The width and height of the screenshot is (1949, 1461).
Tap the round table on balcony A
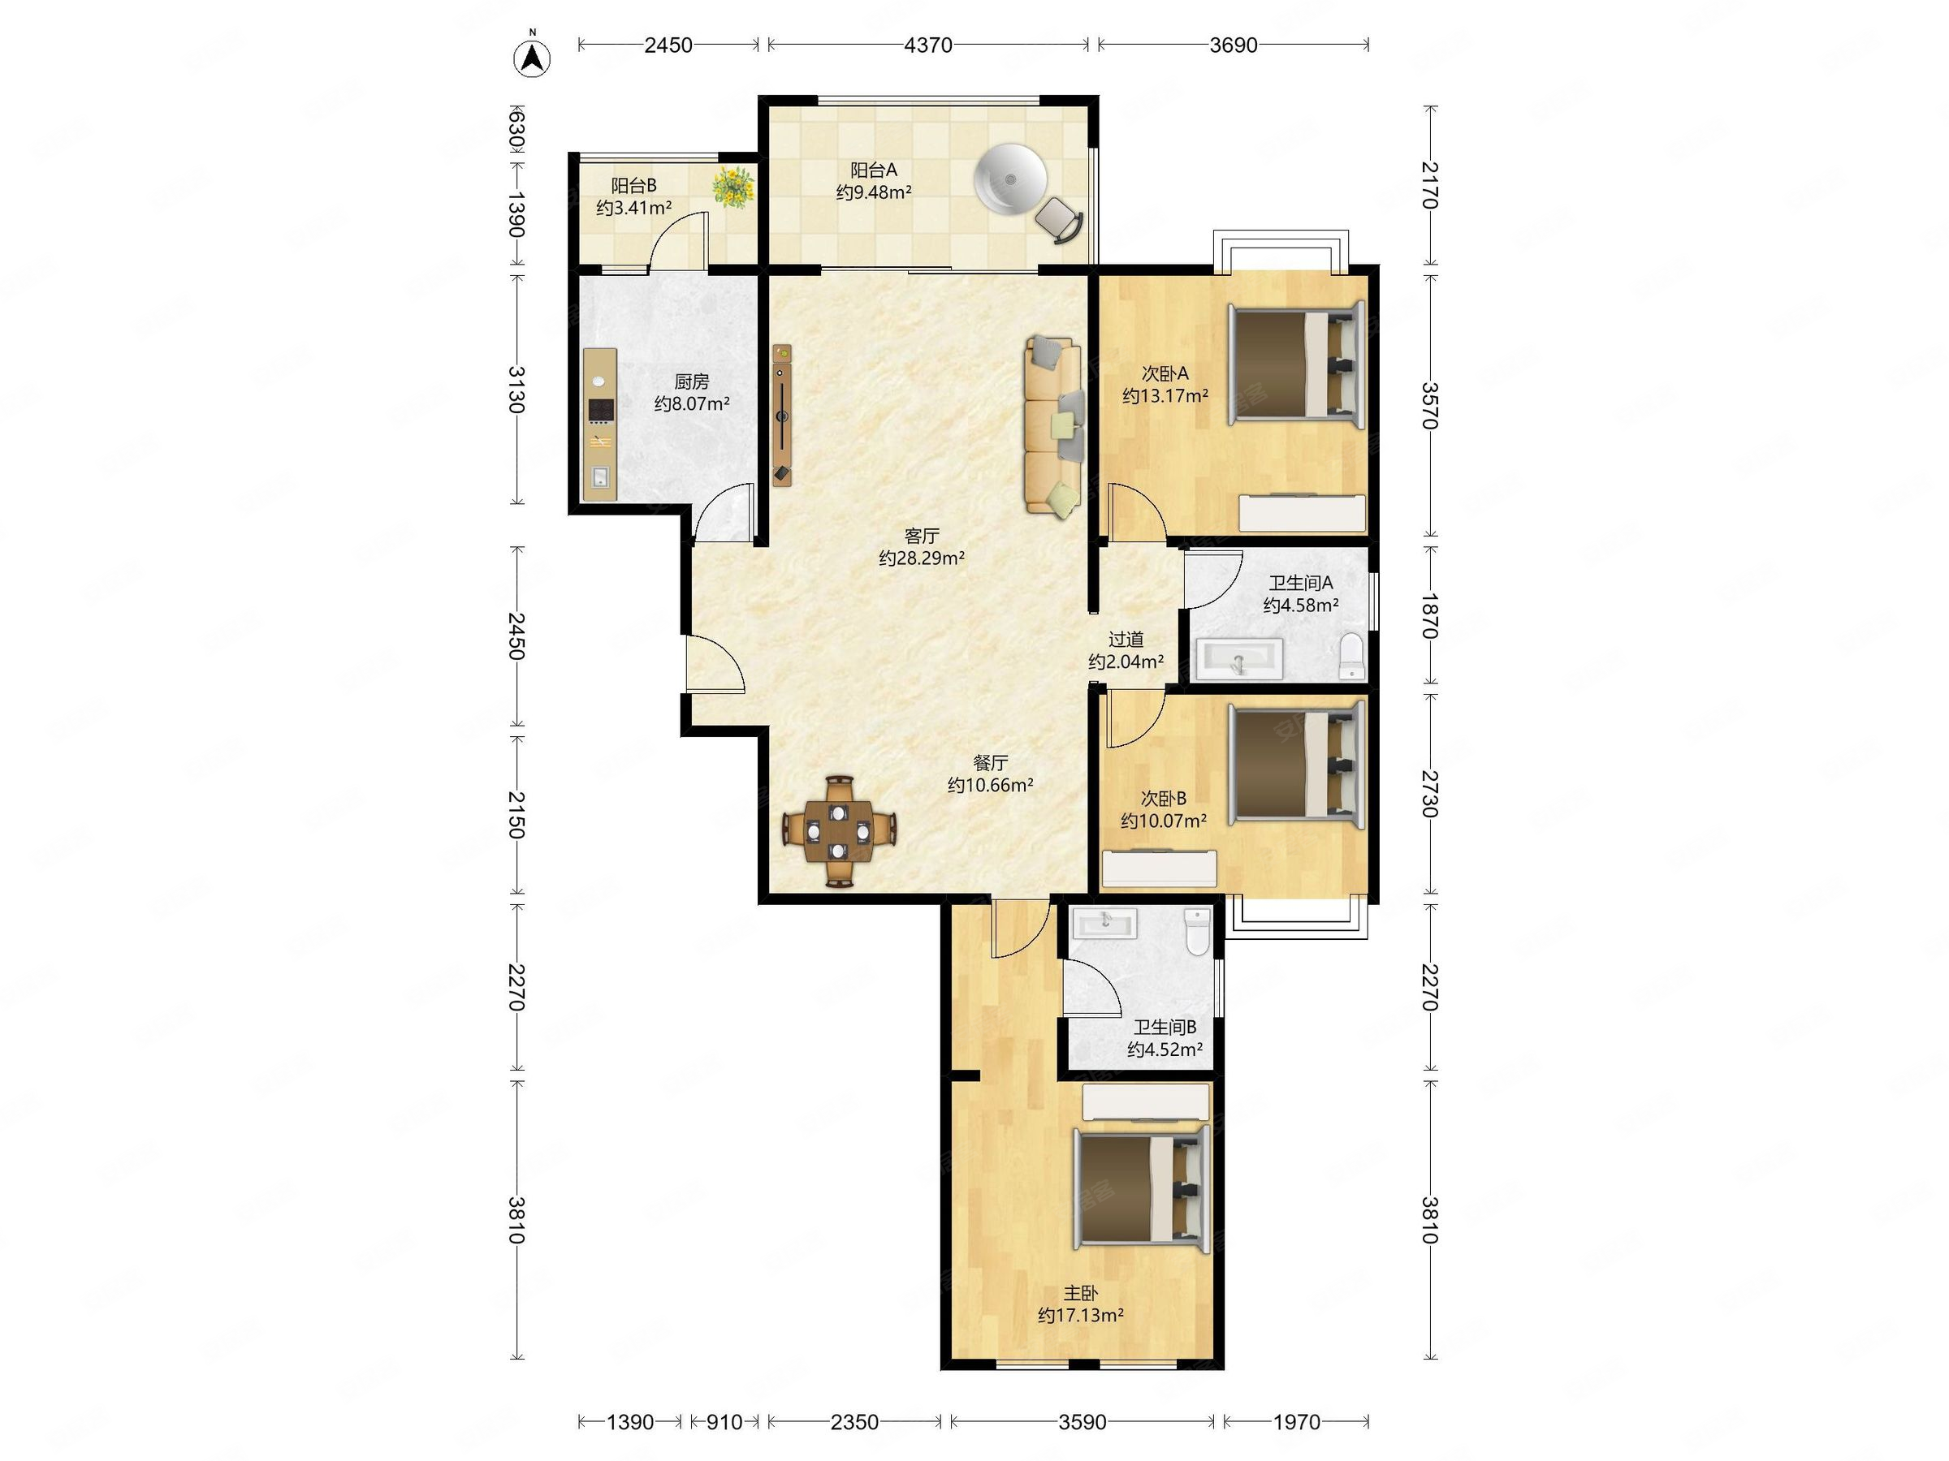point(1010,179)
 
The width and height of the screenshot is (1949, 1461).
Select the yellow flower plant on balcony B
point(733,187)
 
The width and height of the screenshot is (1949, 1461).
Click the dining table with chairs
point(840,830)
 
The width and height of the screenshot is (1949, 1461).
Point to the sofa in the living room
point(1053,425)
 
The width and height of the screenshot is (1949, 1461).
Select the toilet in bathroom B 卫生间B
point(1196,932)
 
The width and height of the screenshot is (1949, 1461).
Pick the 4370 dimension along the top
point(927,45)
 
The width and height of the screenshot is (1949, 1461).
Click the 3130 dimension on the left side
point(516,390)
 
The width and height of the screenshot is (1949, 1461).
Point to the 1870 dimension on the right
point(1429,615)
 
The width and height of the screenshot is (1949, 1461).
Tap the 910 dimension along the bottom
point(724,1421)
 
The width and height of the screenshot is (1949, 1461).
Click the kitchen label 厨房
point(692,381)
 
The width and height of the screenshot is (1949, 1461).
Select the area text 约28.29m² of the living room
point(922,558)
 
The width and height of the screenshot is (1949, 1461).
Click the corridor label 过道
point(1126,640)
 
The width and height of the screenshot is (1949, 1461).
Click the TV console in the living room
point(782,415)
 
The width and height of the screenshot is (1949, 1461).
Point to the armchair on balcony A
point(1059,219)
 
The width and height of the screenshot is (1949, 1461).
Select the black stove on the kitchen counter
point(601,411)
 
